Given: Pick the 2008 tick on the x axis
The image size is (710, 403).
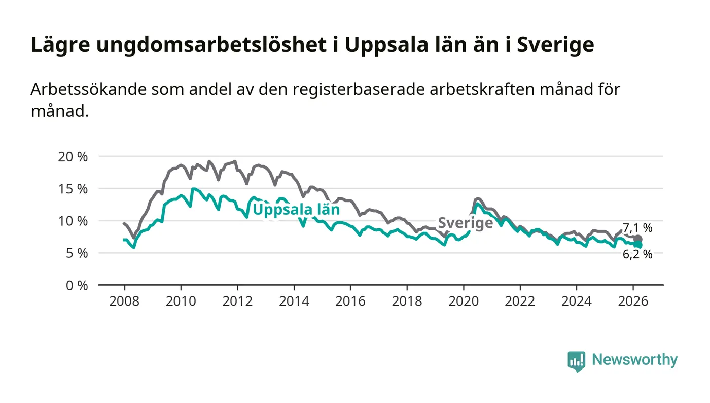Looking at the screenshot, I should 124,301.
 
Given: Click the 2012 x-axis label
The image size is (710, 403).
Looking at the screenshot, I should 237,301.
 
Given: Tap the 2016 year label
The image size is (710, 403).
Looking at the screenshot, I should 350,301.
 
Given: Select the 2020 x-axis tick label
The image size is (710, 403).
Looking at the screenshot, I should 464,301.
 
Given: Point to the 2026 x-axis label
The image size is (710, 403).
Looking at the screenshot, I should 633,301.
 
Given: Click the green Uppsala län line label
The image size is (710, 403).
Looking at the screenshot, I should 296,210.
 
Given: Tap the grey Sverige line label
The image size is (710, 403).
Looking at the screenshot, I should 465,223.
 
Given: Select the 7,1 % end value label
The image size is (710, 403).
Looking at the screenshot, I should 637,228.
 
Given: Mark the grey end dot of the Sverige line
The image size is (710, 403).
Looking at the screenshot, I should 638,239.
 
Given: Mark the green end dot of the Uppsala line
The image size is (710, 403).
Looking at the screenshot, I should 638,245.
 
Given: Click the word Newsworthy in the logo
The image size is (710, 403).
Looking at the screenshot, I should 634,360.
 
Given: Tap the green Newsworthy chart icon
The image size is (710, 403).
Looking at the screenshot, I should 576,361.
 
